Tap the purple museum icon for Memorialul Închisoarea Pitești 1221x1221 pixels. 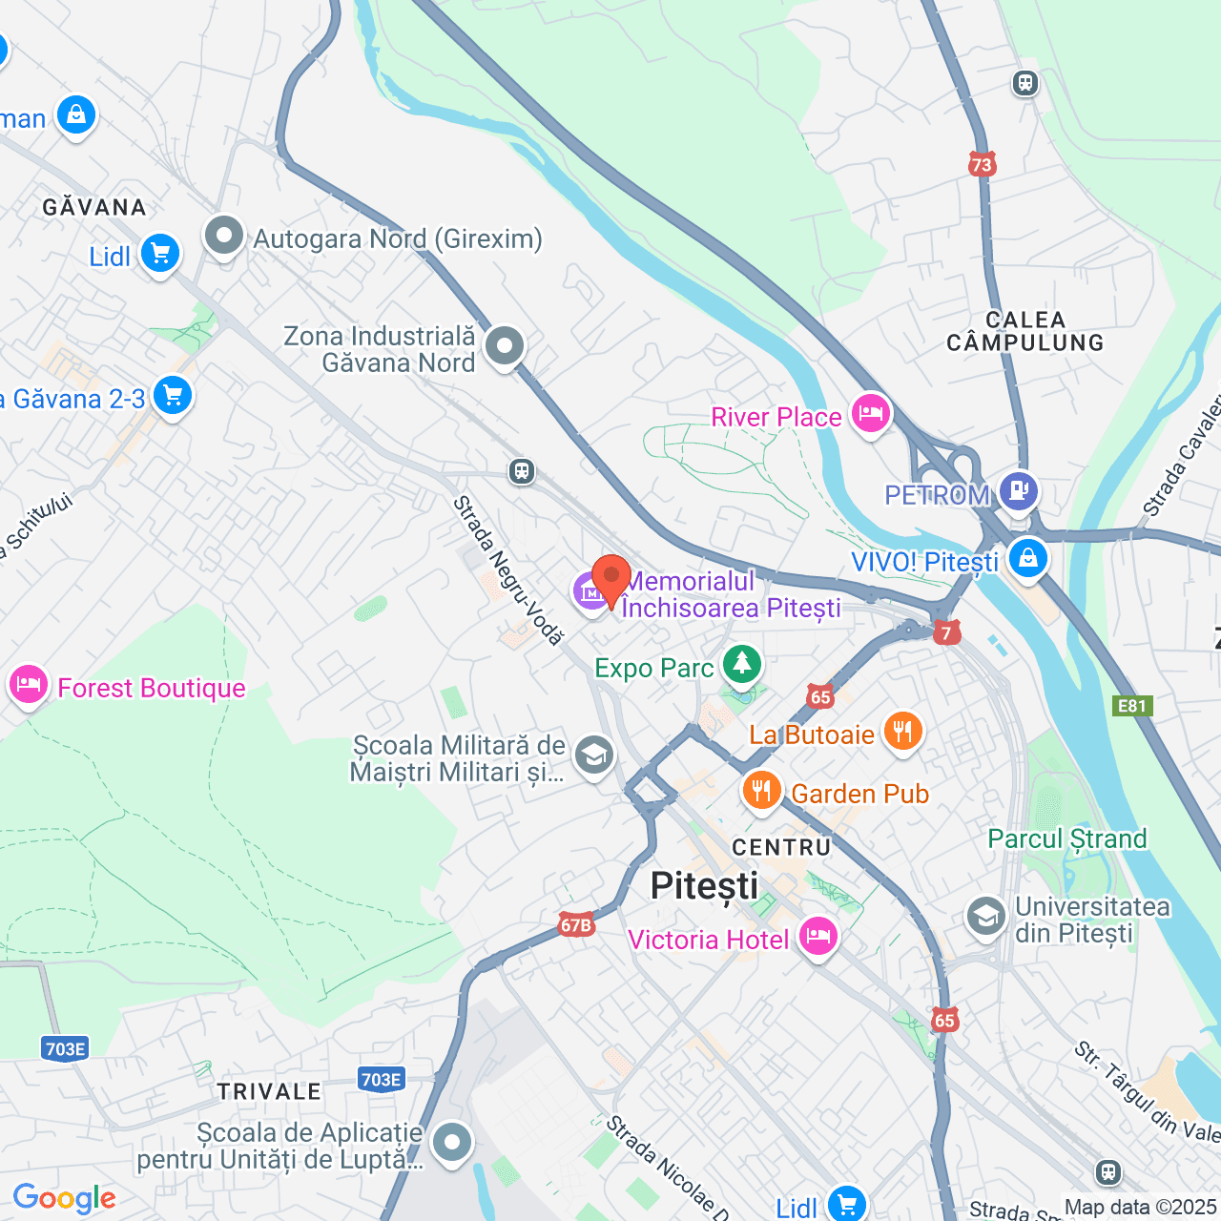tap(590, 592)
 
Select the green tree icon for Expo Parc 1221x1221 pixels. tap(741, 664)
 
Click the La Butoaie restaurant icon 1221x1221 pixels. tap(901, 733)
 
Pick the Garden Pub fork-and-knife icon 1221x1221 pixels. tap(761, 791)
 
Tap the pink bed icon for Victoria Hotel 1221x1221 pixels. tap(817, 937)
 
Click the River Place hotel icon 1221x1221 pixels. tap(870, 414)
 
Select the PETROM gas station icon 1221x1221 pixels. tap(1019, 491)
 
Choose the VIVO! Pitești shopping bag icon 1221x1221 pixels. tap(1027, 559)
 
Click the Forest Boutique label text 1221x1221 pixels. tap(151, 688)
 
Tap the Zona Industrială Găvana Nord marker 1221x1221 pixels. tap(505, 346)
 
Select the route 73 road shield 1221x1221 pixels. tap(982, 164)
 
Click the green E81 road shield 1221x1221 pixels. tap(1132, 706)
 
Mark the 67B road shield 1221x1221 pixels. tap(576, 924)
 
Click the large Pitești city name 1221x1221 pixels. tap(704, 885)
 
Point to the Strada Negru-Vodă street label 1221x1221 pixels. tap(507, 569)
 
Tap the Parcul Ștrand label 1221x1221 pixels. tap(1066, 838)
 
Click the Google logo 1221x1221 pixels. tap(64, 1198)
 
